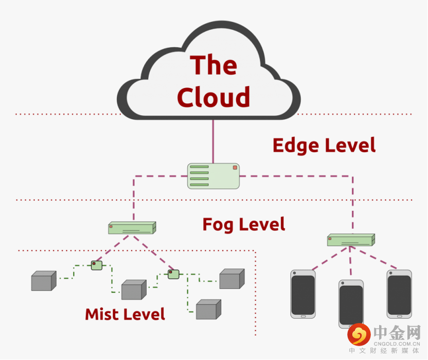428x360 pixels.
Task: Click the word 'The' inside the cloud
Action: point(213,65)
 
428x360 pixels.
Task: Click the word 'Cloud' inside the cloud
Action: point(213,97)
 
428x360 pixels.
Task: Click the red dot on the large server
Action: point(235,168)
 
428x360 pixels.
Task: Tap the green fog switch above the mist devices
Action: point(132,228)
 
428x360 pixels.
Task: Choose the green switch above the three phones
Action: point(351,239)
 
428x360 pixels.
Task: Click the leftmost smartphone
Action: point(303,294)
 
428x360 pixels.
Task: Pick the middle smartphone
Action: point(351,303)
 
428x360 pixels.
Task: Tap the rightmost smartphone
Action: point(399,293)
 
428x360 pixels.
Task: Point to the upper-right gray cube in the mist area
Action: point(231,279)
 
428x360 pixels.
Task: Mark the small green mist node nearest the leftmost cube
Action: point(97,265)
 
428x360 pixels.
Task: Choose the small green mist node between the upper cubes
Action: point(173,274)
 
